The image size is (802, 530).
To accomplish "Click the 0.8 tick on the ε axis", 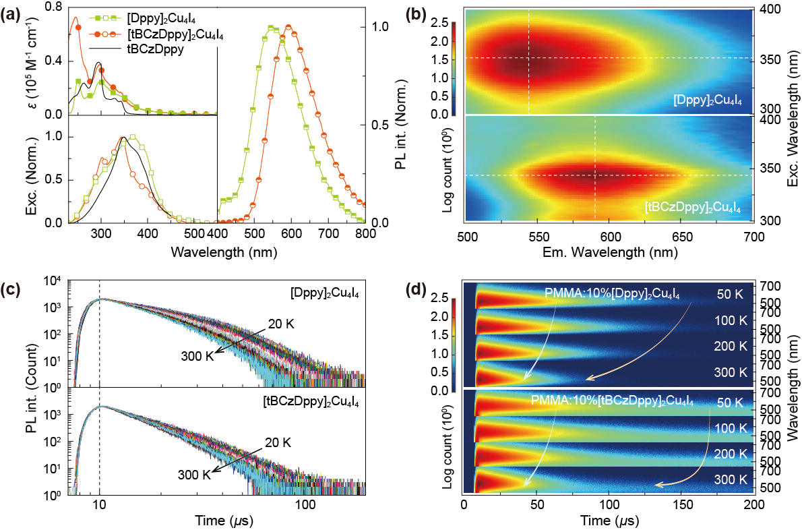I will pos(56,7).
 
